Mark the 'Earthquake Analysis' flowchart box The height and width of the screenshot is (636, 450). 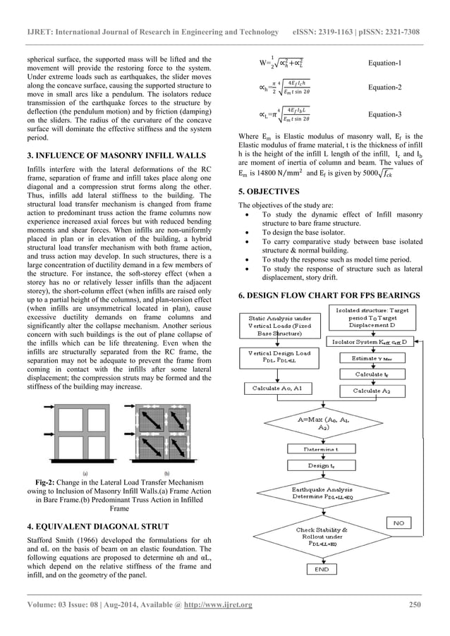coord(321,492)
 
